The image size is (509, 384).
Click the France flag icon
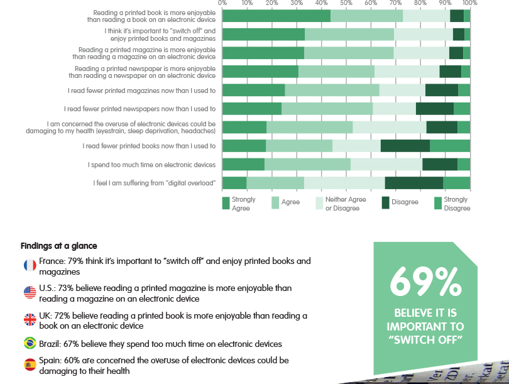[x=30, y=265]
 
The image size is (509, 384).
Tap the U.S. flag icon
[x=30, y=292]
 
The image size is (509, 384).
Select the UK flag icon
[x=30, y=319]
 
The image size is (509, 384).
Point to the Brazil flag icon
[x=30, y=343]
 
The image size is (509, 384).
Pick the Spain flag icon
[x=30, y=365]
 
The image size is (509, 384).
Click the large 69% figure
[x=425, y=283]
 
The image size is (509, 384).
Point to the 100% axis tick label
[x=469, y=3]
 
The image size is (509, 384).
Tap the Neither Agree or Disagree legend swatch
[x=319, y=203]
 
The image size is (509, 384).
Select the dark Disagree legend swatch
[x=386, y=203]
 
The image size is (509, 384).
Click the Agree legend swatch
[x=275, y=203]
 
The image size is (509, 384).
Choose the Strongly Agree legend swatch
[x=226, y=203]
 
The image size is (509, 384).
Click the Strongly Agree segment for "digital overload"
[x=234, y=183]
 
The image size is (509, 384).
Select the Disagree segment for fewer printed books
[x=405, y=146]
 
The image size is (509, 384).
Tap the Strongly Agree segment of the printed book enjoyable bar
[x=276, y=16]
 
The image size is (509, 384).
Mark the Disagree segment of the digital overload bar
[x=413, y=183]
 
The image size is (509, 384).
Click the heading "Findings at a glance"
[x=58, y=246]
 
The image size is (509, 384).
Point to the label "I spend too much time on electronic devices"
[x=152, y=165]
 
